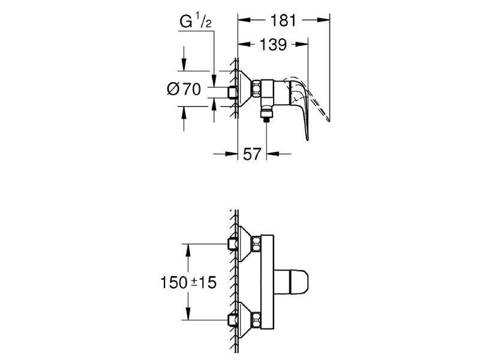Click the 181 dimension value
tap(283, 20)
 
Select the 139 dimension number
tap(274, 44)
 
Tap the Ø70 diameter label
tap(184, 89)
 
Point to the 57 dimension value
tap(252, 154)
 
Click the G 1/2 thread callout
tap(196, 22)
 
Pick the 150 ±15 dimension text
tap(188, 282)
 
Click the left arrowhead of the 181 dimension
tap(244, 20)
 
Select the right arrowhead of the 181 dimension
tap(323, 20)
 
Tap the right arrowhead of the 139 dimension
tap(302, 44)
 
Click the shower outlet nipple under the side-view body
tap(266, 114)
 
